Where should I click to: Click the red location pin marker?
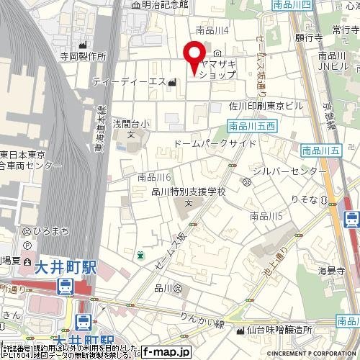pyautogui.click(x=193, y=56)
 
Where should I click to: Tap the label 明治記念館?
pyautogui.click(x=163, y=5)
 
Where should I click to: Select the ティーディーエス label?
pyautogui.click(x=130, y=82)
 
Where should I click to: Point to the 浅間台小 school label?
pyautogui.click(x=131, y=125)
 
